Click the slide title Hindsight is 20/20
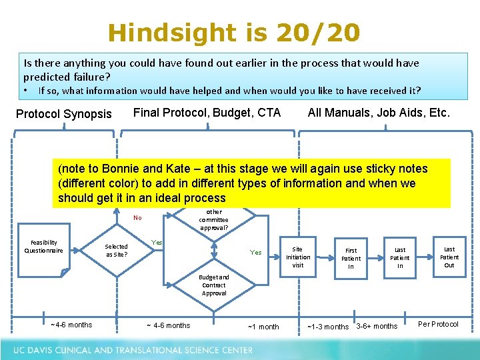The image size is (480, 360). point(234,32)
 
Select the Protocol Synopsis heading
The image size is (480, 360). point(64,114)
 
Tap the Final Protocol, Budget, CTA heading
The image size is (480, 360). point(207,113)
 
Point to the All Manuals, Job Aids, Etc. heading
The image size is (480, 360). point(379,113)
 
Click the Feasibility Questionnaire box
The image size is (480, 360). point(44,247)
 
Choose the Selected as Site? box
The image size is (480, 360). point(116,251)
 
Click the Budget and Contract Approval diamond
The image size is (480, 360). point(214,285)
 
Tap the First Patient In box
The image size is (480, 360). point(351,258)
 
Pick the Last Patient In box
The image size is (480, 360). point(400,257)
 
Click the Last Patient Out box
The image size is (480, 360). point(449,257)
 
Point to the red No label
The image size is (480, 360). point(137,217)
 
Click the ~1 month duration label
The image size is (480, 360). point(263,327)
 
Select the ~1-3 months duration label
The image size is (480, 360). point(327,327)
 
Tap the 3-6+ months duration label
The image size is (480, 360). point(377,326)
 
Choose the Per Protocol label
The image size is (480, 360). point(438,325)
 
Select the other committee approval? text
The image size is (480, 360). point(213,219)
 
